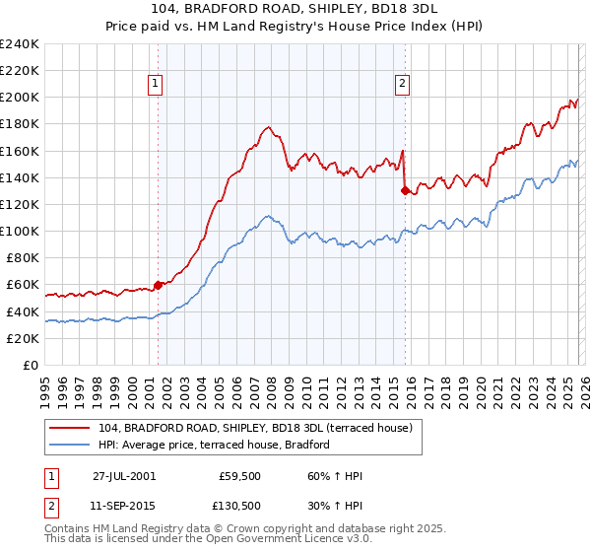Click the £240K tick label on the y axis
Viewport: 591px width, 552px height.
point(20,44)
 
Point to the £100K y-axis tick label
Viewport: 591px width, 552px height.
point(20,231)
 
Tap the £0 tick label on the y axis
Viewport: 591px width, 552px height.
point(32,365)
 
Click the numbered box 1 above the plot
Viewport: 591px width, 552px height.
point(157,85)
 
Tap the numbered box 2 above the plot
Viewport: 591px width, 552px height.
point(403,85)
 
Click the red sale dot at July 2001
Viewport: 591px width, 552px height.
point(159,284)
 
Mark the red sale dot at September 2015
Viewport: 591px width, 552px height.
point(405,190)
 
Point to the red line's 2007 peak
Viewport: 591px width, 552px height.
point(268,127)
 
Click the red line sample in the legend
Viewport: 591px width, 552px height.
point(71,428)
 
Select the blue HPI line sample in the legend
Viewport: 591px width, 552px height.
point(71,445)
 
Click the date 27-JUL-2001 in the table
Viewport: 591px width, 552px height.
point(125,476)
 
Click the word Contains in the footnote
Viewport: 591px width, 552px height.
point(67,530)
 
